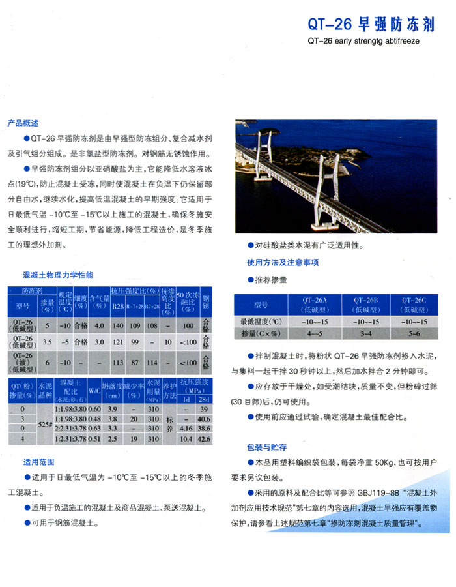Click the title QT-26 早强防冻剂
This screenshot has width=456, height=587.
coord(371,24)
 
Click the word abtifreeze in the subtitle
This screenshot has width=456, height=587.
coord(399,40)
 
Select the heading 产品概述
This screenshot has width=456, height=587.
coord(23,123)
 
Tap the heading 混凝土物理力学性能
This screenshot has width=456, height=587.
coord(58,275)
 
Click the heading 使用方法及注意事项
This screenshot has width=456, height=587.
coord(283,263)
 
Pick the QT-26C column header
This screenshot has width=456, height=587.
coord(414,304)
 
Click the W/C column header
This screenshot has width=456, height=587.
coord(94,387)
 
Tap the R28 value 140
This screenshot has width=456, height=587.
coord(118,325)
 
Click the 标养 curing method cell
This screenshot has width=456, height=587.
coord(169,423)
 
